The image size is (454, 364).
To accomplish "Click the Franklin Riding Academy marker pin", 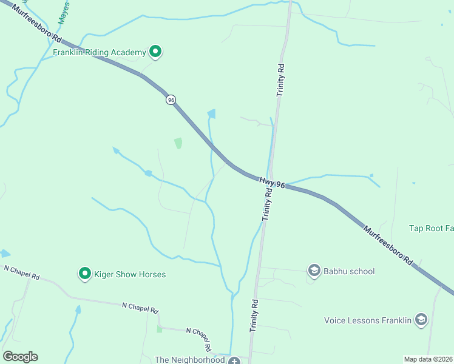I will tap(155, 52).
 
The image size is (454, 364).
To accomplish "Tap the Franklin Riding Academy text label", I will tap(100, 53).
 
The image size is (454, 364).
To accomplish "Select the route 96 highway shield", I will tap(171, 99).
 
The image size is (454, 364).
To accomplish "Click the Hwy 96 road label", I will tap(272, 181).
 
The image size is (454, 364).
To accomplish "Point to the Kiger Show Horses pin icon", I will tap(86, 274).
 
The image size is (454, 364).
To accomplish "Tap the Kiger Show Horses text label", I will tap(130, 275).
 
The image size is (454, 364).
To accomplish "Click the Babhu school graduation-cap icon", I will tap(314, 271).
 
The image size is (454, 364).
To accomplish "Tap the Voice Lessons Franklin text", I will tap(368, 320).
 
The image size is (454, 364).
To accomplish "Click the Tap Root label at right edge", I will tap(432, 229).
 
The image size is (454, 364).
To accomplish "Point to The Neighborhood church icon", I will tap(234, 360).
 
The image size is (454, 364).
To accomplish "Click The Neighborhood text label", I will tap(190, 360).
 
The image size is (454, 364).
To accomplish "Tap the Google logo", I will tap(20, 357).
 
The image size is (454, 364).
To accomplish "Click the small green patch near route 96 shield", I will tap(178, 143).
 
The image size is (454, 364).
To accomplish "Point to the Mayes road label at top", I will tap(64, 13).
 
